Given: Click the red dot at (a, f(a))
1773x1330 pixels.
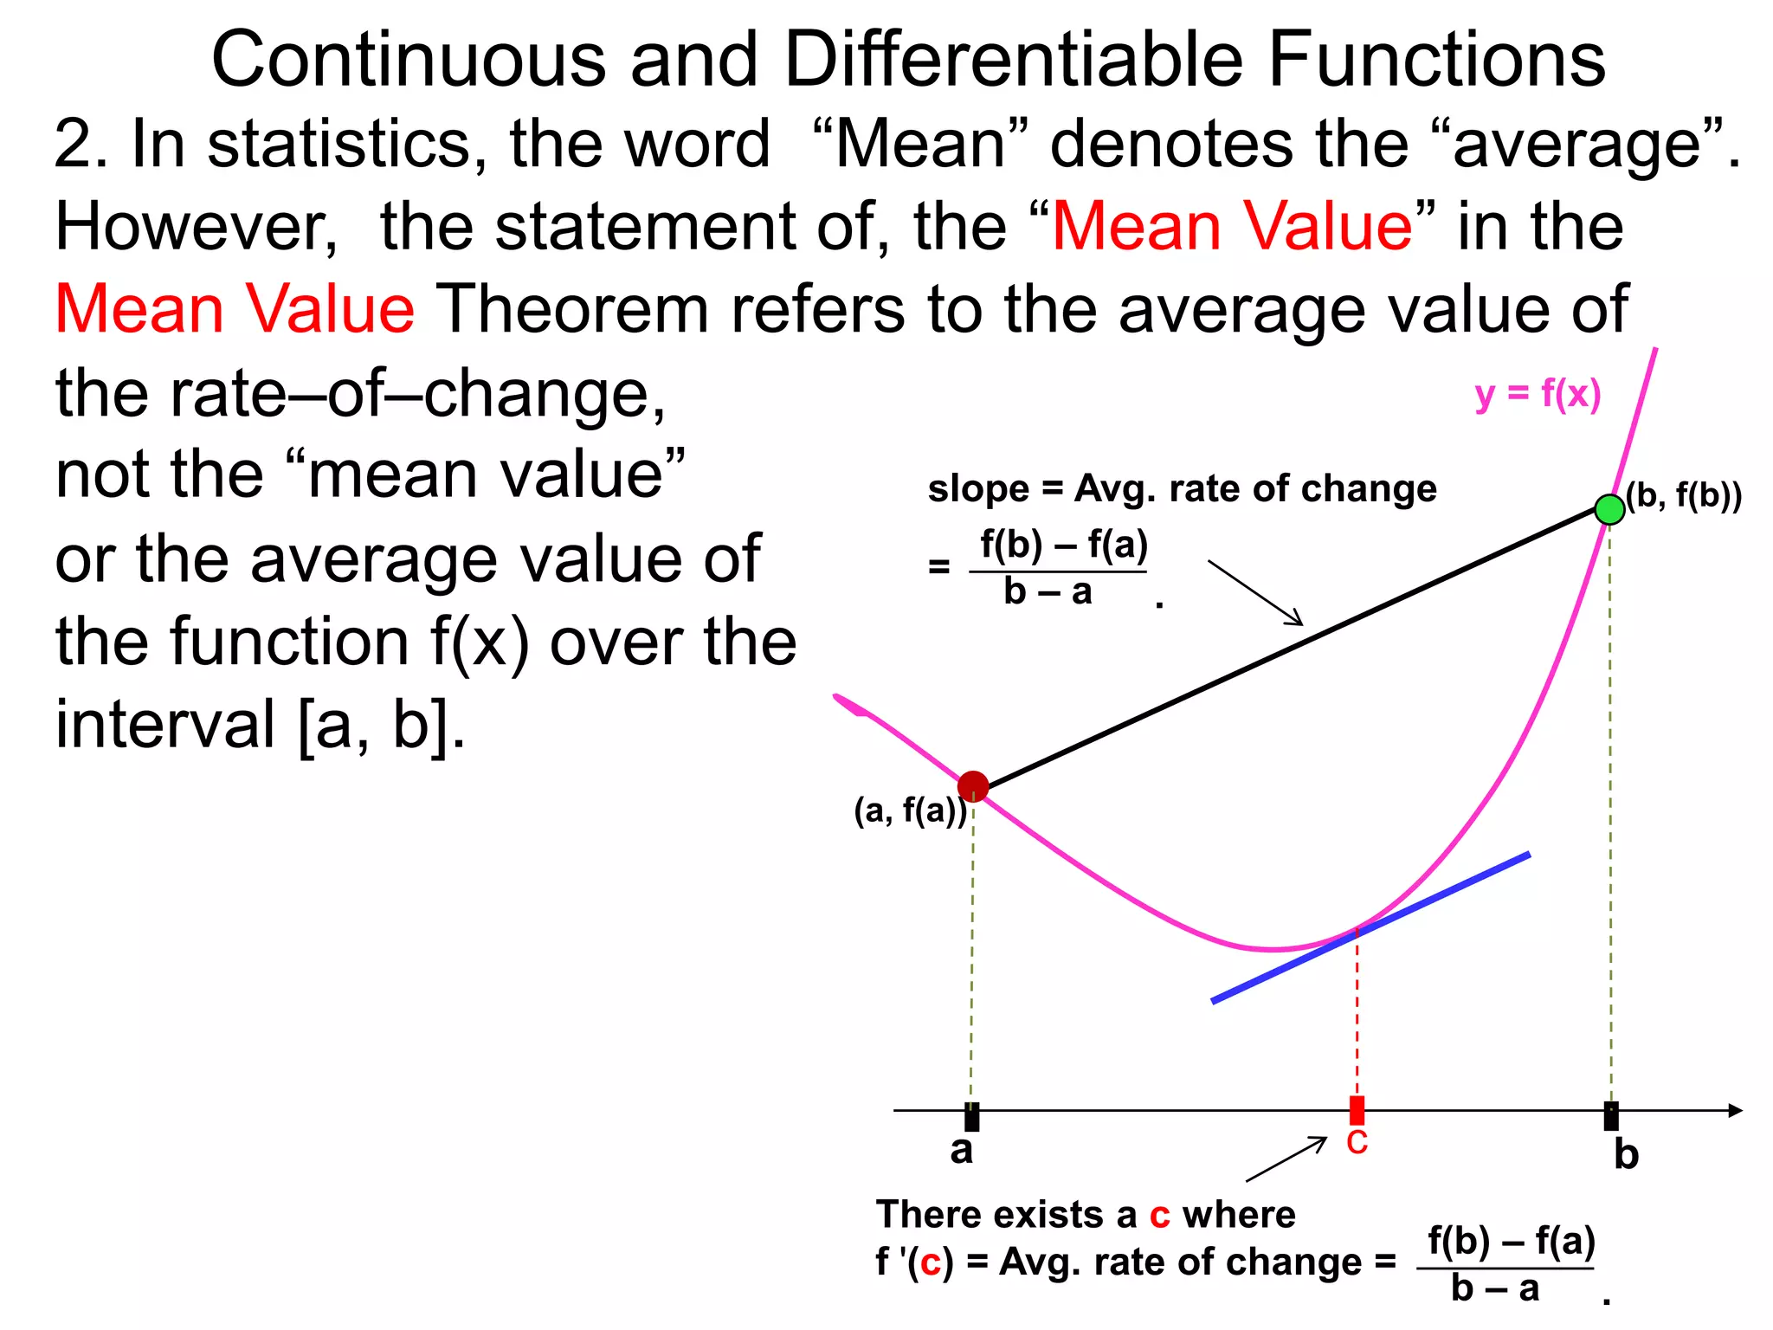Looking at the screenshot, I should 973,786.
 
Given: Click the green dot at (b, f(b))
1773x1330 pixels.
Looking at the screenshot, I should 1609,509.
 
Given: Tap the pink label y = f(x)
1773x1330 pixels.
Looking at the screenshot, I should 1538,394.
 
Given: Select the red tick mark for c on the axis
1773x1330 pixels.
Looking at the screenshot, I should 1357,1110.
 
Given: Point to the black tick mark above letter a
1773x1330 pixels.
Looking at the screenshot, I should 972,1117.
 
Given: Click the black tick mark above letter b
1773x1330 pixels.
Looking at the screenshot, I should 1610,1116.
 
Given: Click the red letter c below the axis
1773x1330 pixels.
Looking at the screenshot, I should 1357,1143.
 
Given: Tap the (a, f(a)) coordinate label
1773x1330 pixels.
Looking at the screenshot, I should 909,810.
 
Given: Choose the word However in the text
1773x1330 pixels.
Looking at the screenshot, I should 195,227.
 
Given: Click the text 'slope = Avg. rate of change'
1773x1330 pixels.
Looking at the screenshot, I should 1182,489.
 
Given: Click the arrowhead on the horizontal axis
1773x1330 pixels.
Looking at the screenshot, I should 1735,1110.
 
